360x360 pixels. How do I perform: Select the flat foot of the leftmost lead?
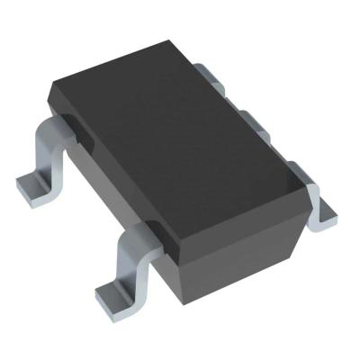tap(33, 187)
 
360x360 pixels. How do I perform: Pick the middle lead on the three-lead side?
tap(253, 122)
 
